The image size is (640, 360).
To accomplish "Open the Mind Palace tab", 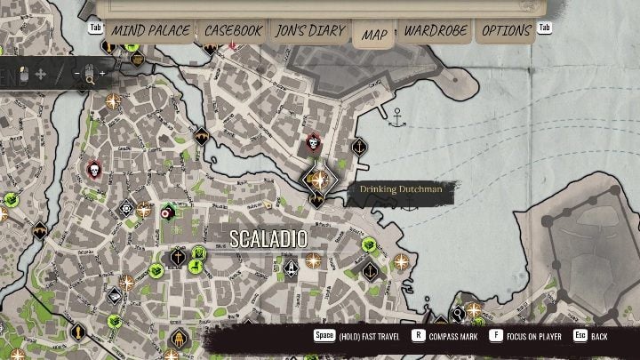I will pos(150,31).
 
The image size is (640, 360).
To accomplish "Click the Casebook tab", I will pos(233,31).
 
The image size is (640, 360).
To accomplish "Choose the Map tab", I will pos(374,35).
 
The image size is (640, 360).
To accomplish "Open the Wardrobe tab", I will pos(436,31).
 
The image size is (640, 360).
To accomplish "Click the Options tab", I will pos(507,31).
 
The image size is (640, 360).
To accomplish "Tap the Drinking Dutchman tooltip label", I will pos(401,188).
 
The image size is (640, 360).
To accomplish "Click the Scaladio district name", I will pos(268,239).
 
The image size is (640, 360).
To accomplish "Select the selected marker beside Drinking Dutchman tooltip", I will pos(316,179).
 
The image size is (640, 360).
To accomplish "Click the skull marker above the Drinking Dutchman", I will pos(313,142).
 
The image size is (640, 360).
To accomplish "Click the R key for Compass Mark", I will pos(418,336).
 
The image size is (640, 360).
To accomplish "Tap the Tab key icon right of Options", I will pos(544,28).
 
